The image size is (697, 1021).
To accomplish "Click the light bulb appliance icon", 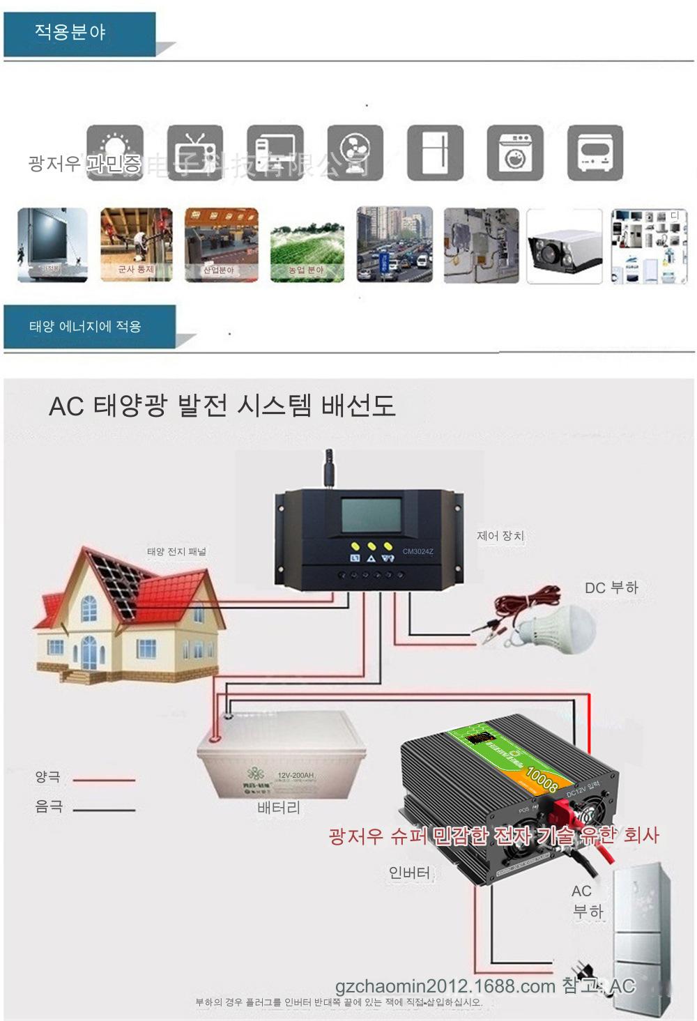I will (x=115, y=153).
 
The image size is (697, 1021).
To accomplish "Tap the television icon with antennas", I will (x=195, y=153).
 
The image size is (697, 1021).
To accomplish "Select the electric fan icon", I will (x=355, y=153).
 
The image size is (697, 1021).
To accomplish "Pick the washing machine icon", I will (x=515, y=153).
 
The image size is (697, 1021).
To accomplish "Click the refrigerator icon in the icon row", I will (x=436, y=153).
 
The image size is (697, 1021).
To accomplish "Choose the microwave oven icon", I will (x=595, y=153).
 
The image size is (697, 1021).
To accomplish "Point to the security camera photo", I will (x=564, y=246).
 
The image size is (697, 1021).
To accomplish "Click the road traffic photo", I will (x=394, y=245).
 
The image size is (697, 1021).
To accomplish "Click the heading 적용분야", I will (x=70, y=32).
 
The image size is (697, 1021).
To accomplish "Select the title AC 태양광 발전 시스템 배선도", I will (x=222, y=406).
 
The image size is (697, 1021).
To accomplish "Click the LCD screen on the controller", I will (x=371, y=515).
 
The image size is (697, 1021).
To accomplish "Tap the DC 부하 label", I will (x=611, y=588).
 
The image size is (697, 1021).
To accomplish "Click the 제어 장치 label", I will (x=500, y=536).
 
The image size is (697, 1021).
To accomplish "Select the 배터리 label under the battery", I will (x=279, y=808).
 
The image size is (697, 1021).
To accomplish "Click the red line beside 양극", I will (x=104, y=780).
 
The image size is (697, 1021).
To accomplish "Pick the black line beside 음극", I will (x=104, y=810).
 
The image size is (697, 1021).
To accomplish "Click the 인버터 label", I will (x=410, y=873).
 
